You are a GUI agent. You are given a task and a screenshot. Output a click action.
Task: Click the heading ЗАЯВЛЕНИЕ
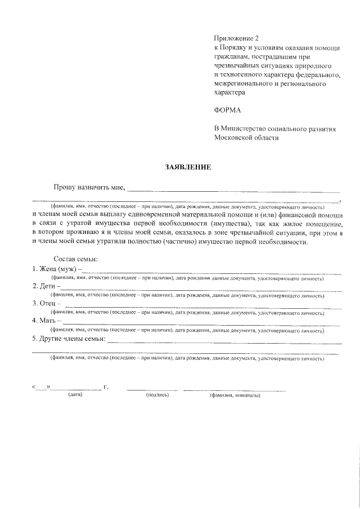click(x=188, y=167)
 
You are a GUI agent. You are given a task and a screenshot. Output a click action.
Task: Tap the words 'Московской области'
click(x=246, y=137)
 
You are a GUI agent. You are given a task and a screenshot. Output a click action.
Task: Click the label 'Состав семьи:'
click(x=75, y=259)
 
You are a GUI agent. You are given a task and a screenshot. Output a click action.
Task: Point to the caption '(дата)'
click(x=75, y=395)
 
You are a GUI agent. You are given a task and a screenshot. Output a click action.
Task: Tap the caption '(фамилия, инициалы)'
click(x=235, y=395)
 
